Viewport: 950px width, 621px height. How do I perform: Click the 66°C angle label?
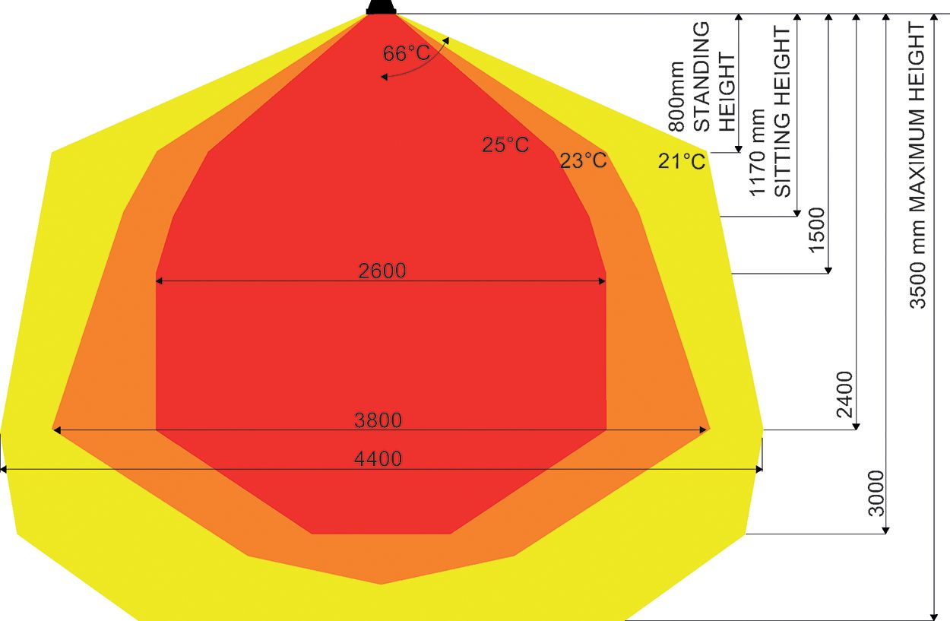tap(406, 53)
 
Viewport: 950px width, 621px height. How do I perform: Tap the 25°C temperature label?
tap(505, 144)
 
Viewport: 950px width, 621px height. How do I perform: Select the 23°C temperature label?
tap(584, 160)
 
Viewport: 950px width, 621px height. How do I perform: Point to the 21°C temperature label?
tap(682, 161)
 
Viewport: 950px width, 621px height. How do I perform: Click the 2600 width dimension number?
tap(382, 271)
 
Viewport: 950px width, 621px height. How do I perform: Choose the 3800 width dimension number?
tap(378, 420)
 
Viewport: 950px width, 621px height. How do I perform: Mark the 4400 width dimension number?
tap(378, 459)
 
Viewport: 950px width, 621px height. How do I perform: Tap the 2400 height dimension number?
tap(845, 394)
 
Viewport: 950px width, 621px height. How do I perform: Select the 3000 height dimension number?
tap(876, 493)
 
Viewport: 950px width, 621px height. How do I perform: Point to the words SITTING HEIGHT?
tap(783, 112)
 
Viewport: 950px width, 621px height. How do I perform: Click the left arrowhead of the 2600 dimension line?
tap(160, 281)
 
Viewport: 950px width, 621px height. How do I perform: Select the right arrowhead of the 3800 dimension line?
tap(704, 430)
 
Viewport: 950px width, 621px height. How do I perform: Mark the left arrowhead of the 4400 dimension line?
tap(5, 470)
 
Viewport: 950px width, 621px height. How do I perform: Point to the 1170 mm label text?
tap(758, 162)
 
